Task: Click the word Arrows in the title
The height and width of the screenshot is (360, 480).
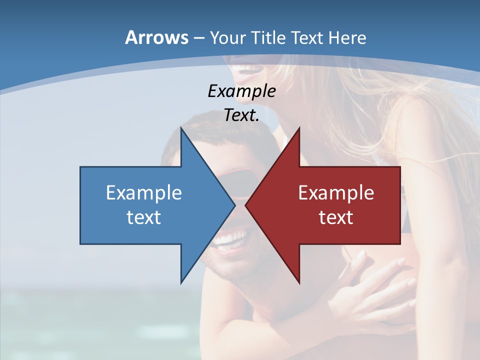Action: pyautogui.click(x=156, y=37)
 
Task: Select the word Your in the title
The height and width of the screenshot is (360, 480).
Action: pyautogui.click(x=227, y=37)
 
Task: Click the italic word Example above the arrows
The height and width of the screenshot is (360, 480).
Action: pyautogui.click(x=241, y=91)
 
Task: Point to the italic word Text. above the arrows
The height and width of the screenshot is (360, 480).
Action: pyautogui.click(x=241, y=115)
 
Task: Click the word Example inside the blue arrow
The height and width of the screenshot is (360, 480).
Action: pyautogui.click(x=144, y=192)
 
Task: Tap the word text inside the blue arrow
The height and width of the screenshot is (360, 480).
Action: pyautogui.click(x=144, y=217)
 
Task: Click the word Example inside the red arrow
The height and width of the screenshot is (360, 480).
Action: pyautogui.click(x=336, y=192)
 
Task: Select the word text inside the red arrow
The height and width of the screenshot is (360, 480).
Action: pyautogui.click(x=336, y=217)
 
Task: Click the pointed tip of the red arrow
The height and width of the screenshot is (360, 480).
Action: pyautogui.click(x=246, y=204)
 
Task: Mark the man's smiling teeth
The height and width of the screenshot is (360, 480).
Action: pyautogui.click(x=230, y=238)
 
